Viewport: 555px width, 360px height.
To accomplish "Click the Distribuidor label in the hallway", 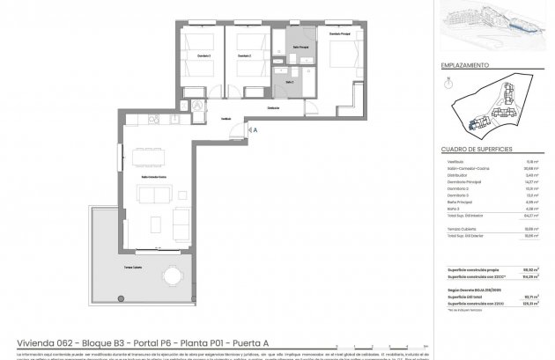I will (x=273, y=108).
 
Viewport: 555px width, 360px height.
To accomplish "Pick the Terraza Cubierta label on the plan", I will (x=134, y=265).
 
